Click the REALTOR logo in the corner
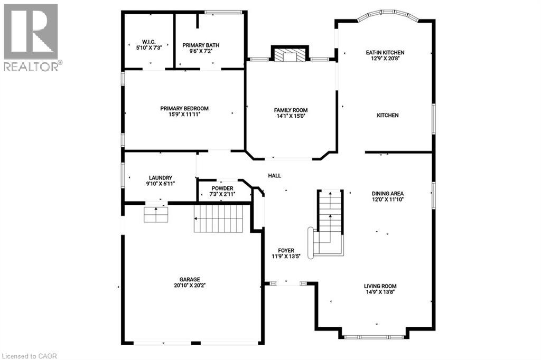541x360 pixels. click(31, 37)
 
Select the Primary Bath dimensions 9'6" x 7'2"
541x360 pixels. click(200, 52)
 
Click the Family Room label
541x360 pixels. click(291, 110)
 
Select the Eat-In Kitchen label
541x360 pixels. click(385, 52)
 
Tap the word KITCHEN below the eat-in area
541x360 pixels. click(387, 115)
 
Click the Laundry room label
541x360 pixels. click(161, 178)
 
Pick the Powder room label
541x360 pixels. click(222, 188)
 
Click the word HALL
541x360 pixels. click(274, 176)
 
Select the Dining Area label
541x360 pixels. click(387, 193)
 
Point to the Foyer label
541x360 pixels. click(286, 250)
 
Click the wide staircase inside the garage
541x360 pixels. click(218, 219)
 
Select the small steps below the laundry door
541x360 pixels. click(156, 214)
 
